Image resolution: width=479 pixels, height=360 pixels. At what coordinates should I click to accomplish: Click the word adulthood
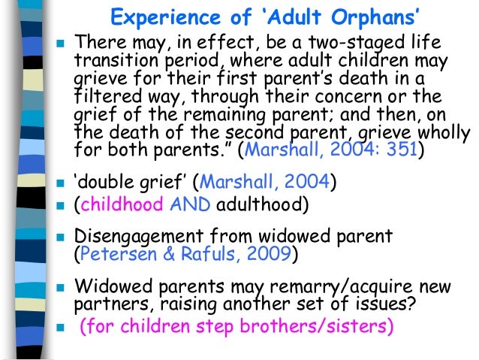pos(262,203)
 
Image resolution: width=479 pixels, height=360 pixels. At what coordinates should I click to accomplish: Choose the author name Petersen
pos(119,254)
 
